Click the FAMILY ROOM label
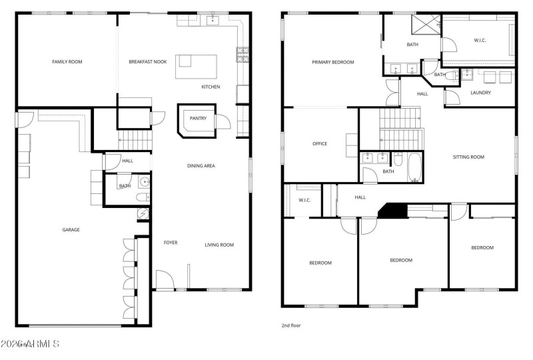67,61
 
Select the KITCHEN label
211,87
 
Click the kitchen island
196,67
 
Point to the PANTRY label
198,119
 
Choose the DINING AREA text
201,165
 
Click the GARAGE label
71,229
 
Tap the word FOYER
171,243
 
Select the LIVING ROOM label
219,245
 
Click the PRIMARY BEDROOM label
332,62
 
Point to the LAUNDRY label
480,93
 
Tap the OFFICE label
320,143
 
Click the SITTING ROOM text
468,157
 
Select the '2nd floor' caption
291,325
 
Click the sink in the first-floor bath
144,181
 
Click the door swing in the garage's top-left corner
25,119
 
